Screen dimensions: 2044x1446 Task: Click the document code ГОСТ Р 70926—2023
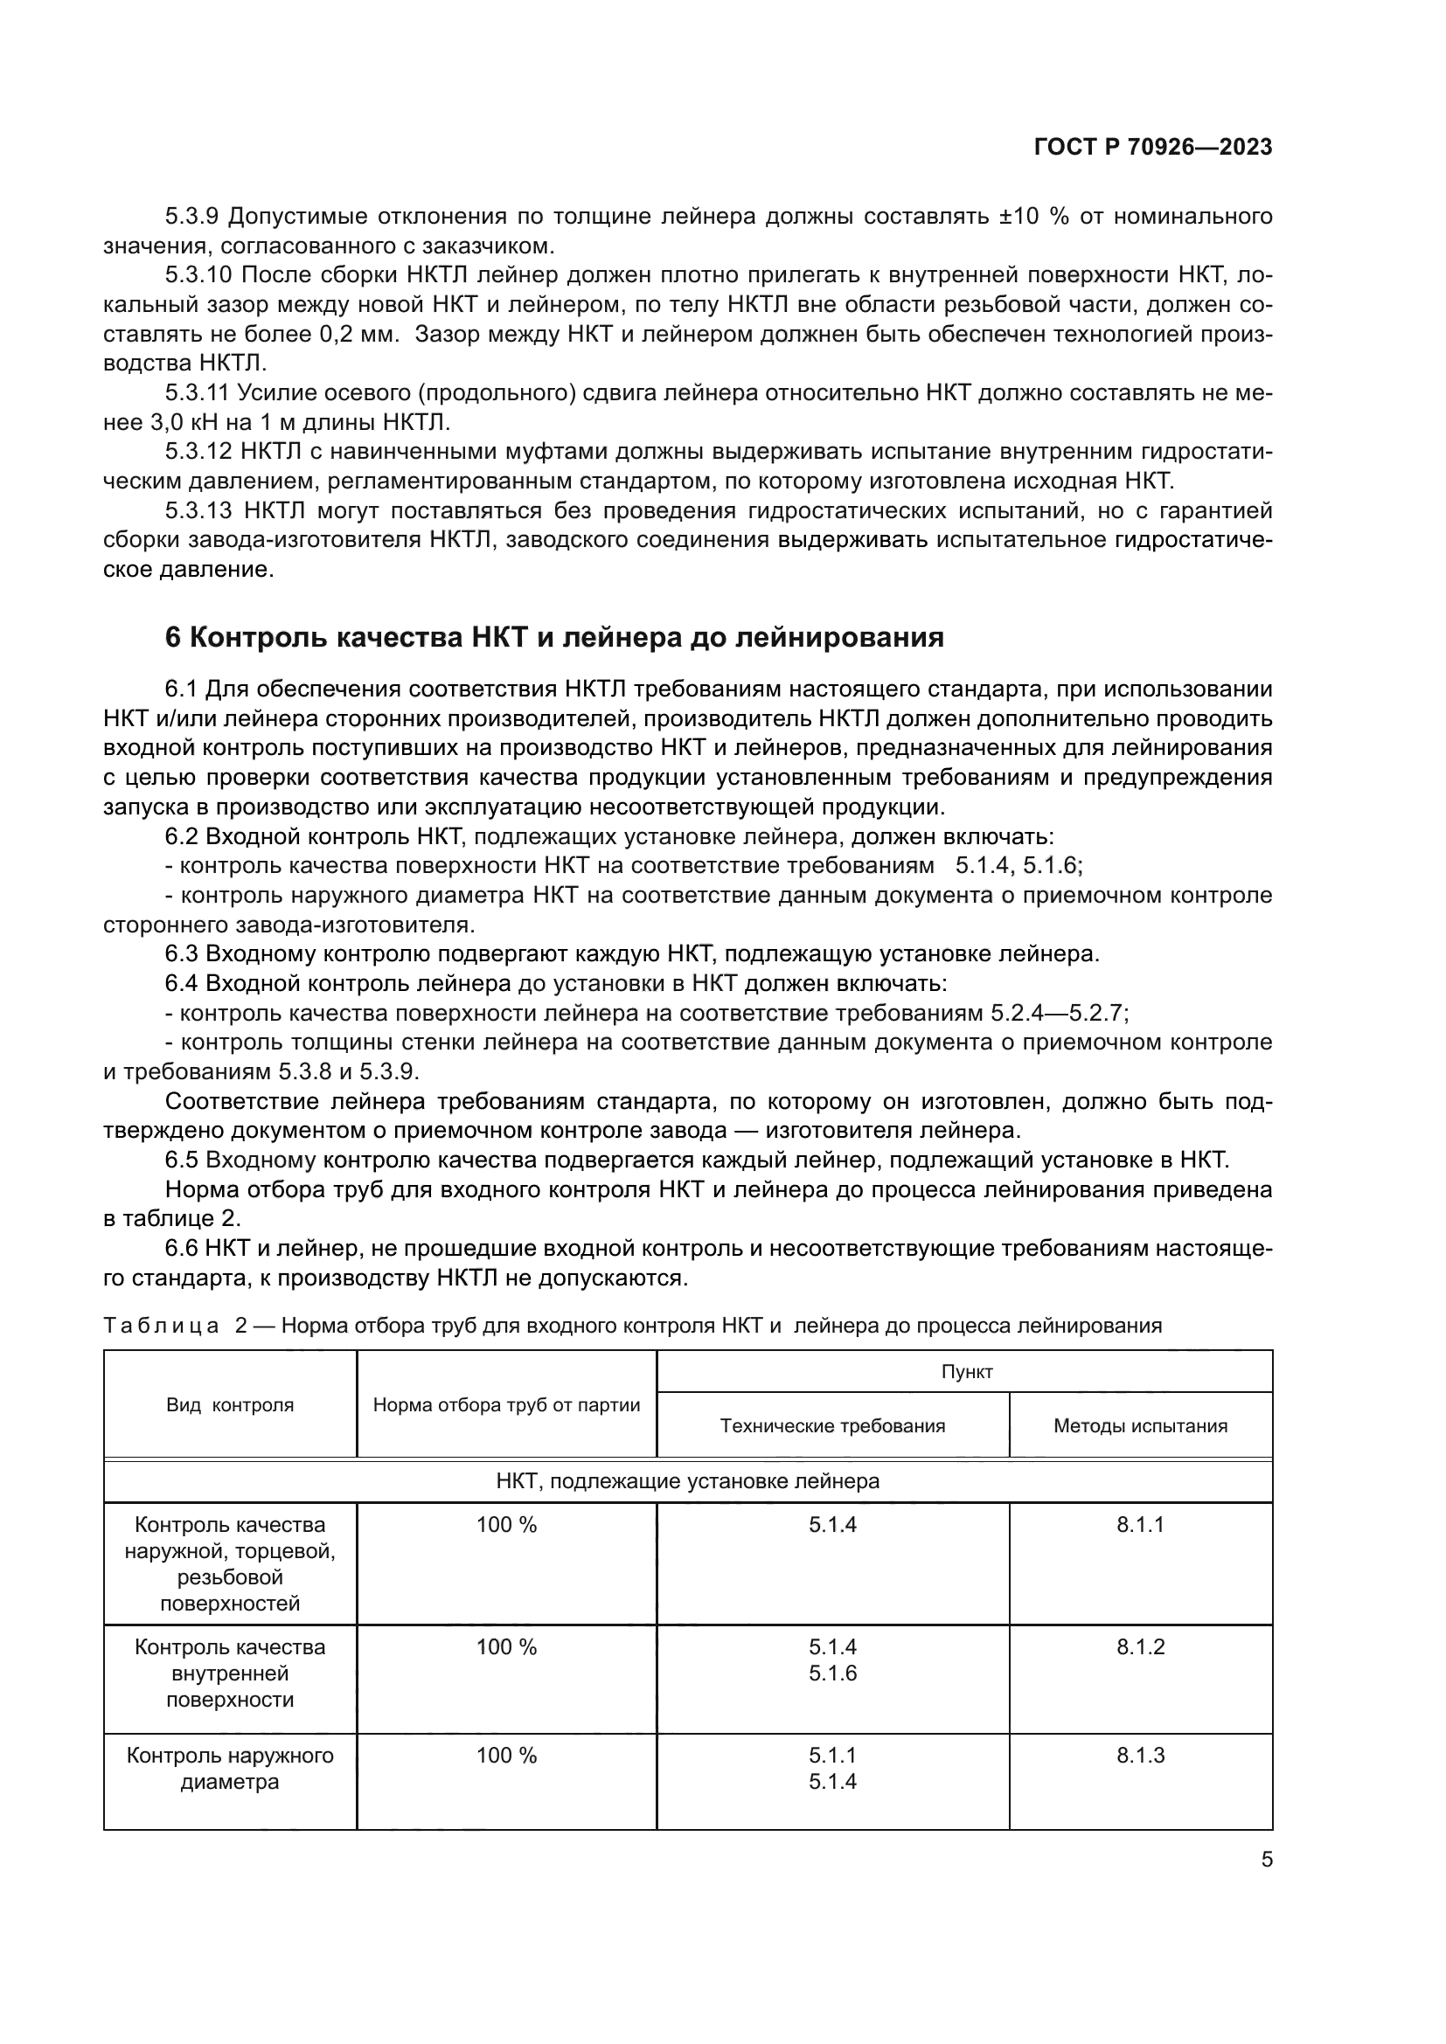[1152, 148]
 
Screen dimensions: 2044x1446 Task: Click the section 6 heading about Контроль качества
[553, 637]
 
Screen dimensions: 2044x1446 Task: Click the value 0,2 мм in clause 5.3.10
[358, 335]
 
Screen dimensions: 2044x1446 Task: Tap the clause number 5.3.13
[198, 510]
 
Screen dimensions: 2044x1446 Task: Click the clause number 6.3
[182, 953]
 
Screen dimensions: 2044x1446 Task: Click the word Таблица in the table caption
[161, 1326]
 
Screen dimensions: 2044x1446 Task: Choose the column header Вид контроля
[230, 1405]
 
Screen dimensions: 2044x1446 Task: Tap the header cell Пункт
[966, 1372]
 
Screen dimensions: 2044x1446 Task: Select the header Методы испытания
[1140, 1425]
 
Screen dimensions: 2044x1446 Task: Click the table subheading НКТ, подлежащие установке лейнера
[687, 1481]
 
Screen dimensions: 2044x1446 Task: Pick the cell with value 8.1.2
[1140, 1646]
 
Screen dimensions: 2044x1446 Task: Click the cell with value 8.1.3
[1140, 1755]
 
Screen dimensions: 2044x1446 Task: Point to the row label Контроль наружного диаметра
[230, 1768]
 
